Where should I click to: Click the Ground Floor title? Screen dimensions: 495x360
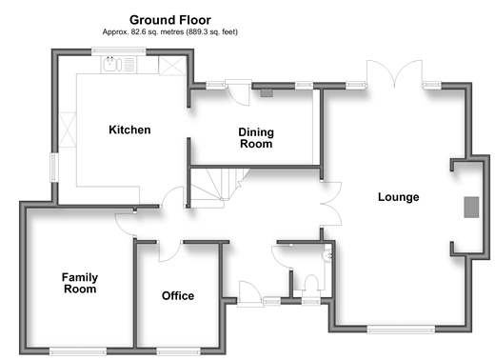[x=170, y=20]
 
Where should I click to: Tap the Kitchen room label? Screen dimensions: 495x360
[x=129, y=130]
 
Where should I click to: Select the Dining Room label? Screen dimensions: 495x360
[x=256, y=138]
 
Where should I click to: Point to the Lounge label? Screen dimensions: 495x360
[x=398, y=197]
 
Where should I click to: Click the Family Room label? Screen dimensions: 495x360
[x=80, y=283]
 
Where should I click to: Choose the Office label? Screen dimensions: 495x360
[x=178, y=296]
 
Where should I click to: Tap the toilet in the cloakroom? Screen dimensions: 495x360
[x=311, y=283]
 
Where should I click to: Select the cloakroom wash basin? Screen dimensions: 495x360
[x=327, y=255]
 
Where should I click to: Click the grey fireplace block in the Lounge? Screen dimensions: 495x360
[x=471, y=207]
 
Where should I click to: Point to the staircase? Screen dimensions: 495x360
[x=219, y=188]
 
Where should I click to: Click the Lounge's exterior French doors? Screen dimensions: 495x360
[x=394, y=73]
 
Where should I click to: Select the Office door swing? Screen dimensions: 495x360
[x=170, y=252]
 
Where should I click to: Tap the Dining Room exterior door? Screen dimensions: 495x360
[x=239, y=92]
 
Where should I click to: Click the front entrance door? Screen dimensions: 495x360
[x=250, y=293]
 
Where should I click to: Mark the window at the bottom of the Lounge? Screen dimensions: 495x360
[x=401, y=330]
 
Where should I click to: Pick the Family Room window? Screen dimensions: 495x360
[x=78, y=350]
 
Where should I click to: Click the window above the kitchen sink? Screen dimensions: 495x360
[x=119, y=51]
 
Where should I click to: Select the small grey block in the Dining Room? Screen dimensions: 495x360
[x=267, y=93]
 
